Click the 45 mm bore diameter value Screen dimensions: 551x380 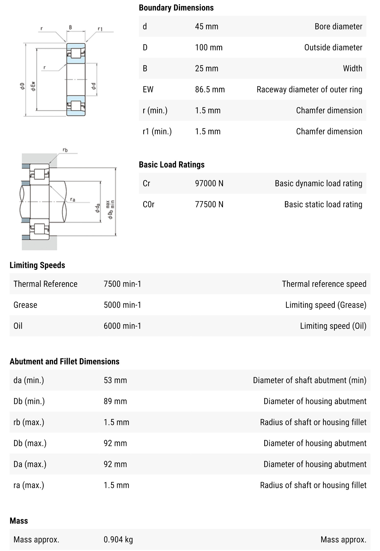tap(206, 27)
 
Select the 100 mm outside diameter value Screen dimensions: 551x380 tap(209, 47)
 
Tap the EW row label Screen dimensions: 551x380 tap(148, 89)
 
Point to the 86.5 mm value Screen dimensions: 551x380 tap(210, 89)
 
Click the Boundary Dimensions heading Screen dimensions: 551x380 tap(176, 8)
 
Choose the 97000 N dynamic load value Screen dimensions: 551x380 tap(209, 183)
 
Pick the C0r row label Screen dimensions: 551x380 tap(148, 204)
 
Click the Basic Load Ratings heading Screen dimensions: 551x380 tap(171, 165)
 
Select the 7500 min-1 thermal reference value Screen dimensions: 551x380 tap(122, 284)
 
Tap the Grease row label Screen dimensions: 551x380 tap(25, 305)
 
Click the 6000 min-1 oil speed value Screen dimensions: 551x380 tap(122, 326)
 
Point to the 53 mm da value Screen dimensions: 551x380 tap(115, 380)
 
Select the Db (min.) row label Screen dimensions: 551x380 tap(29, 401)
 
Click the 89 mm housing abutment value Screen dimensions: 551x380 tap(115, 401)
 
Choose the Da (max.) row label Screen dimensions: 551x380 tap(30, 464)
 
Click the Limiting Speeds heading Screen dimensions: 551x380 tap(37, 265)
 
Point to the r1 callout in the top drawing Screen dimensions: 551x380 tap(100, 29)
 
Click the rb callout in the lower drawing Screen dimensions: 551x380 tap(65, 150)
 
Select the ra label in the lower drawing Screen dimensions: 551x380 tap(73, 199)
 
